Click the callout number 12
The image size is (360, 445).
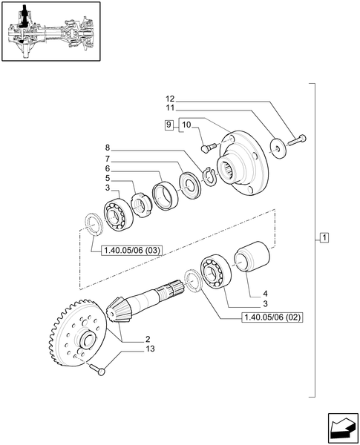(x=169, y=99)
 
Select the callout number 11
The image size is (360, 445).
(x=169, y=108)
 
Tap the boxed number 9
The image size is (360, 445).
(x=170, y=125)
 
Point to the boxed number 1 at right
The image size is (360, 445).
(x=324, y=237)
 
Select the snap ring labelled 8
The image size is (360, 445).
(x=210, y=177)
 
